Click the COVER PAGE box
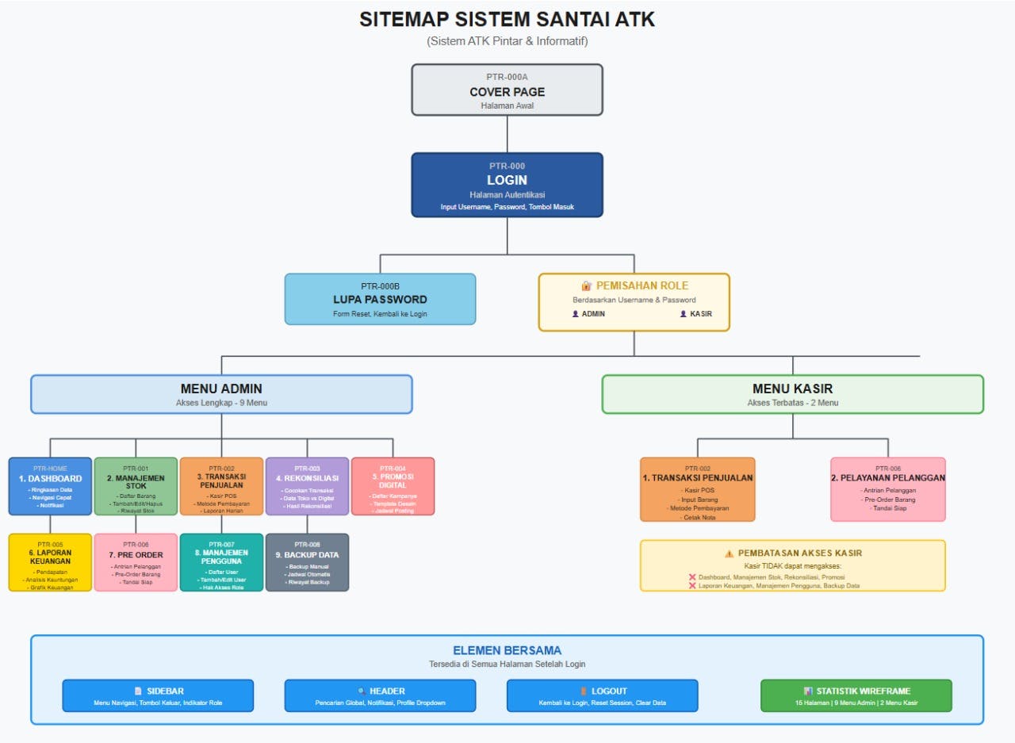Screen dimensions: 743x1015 coord(507,90)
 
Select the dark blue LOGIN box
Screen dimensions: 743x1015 coord(507,185)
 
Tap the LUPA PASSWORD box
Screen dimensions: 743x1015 coord(380,299)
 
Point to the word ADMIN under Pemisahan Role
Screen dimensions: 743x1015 coord(593,314)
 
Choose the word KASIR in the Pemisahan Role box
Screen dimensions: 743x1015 coord(700,314)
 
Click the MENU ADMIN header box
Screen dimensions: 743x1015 coord(221,394)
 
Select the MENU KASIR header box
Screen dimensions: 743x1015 coord(792,394)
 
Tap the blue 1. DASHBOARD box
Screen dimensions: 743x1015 coord(50,486)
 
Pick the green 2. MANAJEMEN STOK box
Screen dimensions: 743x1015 coord(136,486)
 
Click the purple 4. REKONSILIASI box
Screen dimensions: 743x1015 coord(307,486)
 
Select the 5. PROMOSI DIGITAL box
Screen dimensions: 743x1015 coord(393,486)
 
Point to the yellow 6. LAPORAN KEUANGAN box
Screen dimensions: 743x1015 coord(50,562)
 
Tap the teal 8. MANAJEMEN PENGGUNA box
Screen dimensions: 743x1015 coord(221,562)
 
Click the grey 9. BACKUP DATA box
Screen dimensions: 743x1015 coord(307,562)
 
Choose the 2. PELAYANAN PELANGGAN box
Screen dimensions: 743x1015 coord(888,489)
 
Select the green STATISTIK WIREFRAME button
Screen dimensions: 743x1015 coord(856,695)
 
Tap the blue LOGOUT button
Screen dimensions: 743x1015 coord(602,695)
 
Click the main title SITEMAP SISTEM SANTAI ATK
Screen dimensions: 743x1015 coord(507,20)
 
